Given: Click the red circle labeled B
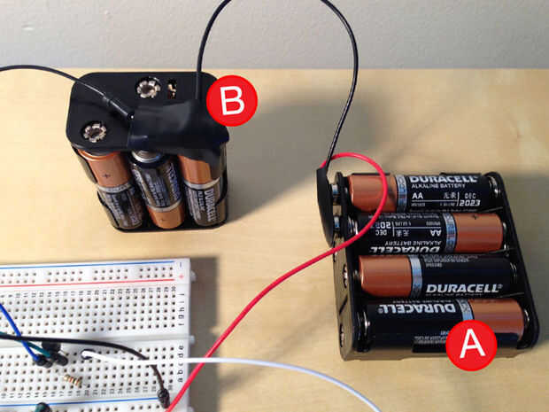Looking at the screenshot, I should point(231,102).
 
